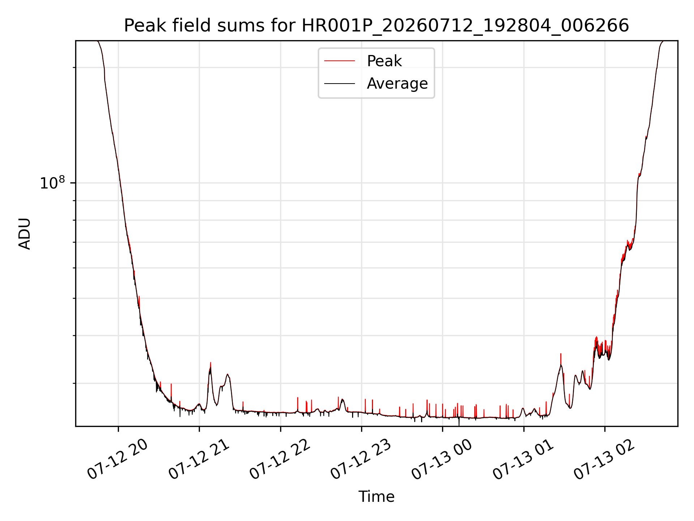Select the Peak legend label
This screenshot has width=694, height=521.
384,61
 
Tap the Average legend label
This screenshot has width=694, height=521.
397,84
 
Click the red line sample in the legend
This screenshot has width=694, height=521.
339,61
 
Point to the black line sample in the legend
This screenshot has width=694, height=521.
339,84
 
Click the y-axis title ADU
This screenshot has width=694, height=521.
25,234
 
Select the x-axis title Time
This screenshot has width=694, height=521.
376,497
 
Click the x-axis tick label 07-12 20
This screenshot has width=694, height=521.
117,459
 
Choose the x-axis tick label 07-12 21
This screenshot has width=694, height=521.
199,459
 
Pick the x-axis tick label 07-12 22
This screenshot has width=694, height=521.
280,459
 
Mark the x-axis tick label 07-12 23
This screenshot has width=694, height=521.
361,459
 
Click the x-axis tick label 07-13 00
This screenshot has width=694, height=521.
442,459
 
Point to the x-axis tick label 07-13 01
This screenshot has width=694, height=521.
523,459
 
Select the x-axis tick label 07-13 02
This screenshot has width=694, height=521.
604,459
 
